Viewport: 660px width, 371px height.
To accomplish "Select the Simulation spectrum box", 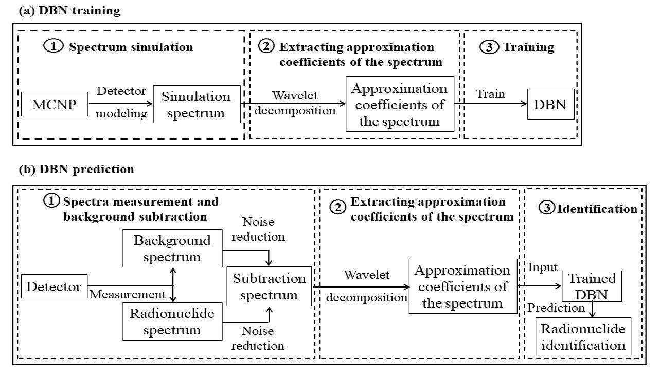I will (197, 104).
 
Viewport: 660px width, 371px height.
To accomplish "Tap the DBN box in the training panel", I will (550, 105).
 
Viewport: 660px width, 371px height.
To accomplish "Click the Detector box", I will (54, 286).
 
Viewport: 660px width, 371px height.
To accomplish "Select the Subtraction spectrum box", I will (269, 286).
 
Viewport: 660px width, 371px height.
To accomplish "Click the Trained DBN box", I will (592, 286).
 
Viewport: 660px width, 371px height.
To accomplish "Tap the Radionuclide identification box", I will (583, 336).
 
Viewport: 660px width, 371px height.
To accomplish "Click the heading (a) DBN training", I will (69, 11).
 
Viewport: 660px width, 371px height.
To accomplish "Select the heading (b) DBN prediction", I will (76, 169).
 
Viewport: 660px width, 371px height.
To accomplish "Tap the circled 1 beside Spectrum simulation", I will (53, 47).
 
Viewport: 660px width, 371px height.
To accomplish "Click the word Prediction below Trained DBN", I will (556, 308).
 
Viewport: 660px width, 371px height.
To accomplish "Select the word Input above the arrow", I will (542, 267).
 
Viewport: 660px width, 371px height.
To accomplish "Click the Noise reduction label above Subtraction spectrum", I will (263, 229).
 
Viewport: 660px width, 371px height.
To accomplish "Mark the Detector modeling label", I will (122, 102).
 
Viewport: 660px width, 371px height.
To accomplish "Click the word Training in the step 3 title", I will (528, 47).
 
